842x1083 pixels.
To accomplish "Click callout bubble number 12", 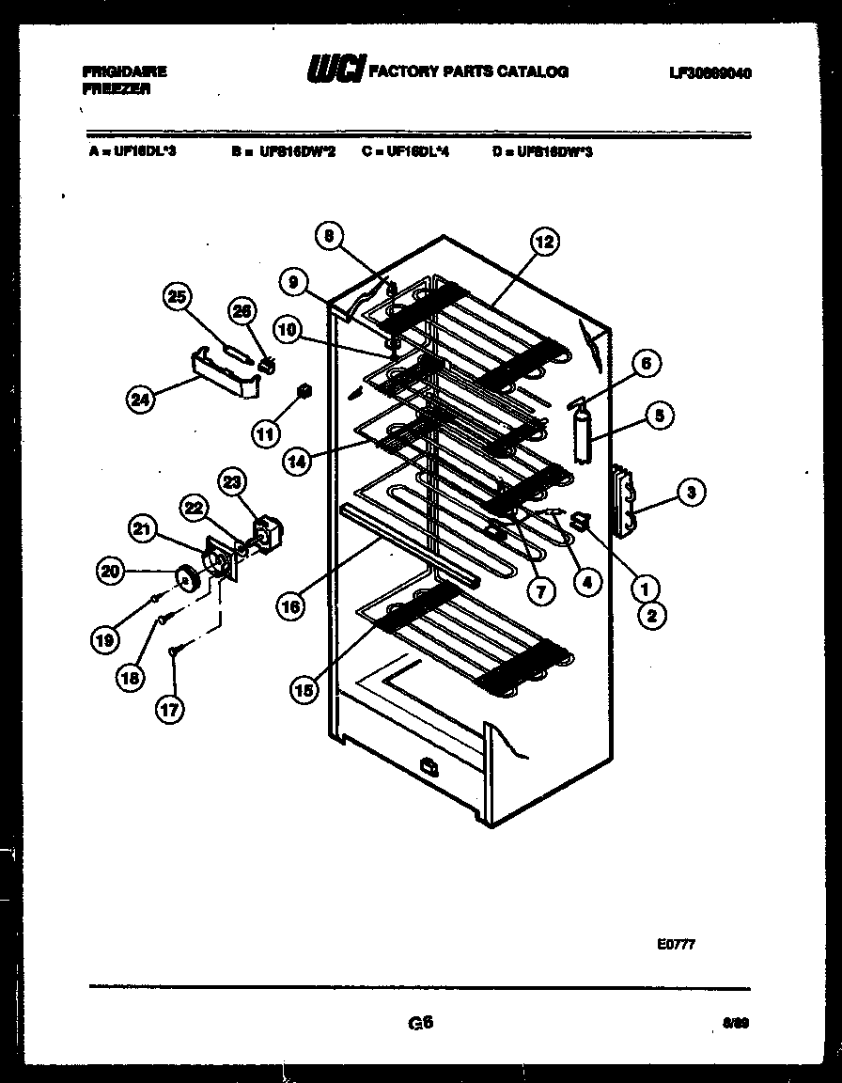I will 544,243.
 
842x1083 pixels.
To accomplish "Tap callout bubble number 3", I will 691,491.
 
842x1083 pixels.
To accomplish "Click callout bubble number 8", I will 328,237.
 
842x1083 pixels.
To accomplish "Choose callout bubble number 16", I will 290,607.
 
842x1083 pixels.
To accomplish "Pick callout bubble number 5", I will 661,413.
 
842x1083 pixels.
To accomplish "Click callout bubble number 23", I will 231,482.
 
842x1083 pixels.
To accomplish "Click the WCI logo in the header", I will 335,70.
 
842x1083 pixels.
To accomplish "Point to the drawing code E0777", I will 676,946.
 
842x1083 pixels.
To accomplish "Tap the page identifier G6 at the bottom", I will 420,1023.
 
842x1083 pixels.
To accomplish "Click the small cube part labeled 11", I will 304,390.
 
